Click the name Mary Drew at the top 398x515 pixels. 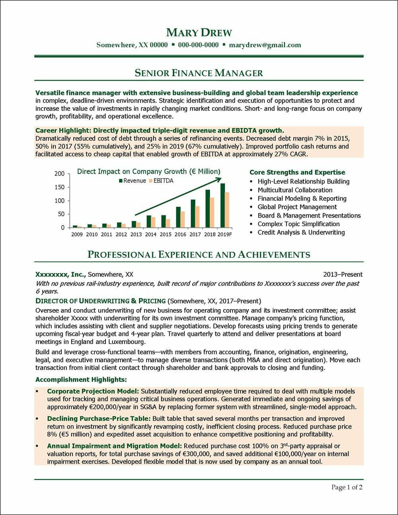[x=199, y=32]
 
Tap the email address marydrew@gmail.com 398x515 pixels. [x=265, y=45]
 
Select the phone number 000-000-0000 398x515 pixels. [x=198, y=45]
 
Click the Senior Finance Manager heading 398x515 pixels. [x=199, y=73]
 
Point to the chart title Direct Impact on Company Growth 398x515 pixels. [x=148, y=172]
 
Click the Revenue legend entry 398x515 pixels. [x=132, y=181]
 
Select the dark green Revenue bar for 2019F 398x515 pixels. [x=222, y=206]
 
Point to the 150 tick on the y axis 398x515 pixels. [x=59, y=187]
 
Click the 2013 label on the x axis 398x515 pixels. [x=136, y=235]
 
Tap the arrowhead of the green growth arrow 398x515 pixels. [x=219, y=180]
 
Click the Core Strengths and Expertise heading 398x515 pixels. [x=297, y=172]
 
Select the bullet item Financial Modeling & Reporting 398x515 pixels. [x=302, y=198]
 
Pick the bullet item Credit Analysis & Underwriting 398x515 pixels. [x=301, y=232]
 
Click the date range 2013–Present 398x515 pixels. [x=343, y=274]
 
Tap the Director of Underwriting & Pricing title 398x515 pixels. [x=100, y=301]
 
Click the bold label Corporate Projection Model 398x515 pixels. [x=93, y=392]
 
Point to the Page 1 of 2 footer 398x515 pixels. [x=347, y=487]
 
